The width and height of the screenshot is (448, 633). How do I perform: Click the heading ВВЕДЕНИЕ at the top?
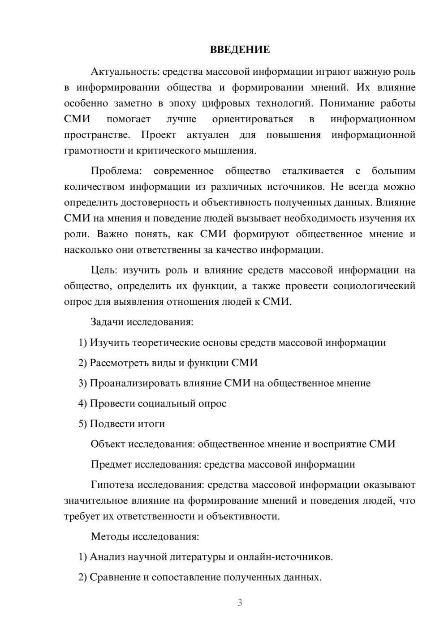coord(240,50)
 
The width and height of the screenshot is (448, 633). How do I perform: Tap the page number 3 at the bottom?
coord(240,603)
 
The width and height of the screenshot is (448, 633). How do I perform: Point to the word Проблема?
coord(116,171)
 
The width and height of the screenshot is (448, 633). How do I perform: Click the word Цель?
coord(104,270)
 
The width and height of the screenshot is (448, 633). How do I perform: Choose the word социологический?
coord(374,286)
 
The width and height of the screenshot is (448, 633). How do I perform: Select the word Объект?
coord(108,444)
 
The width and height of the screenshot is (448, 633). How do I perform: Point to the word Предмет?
coord(111,464)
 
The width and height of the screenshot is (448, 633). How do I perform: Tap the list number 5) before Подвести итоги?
coord(82,424)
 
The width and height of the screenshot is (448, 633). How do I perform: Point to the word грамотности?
coord(94,150)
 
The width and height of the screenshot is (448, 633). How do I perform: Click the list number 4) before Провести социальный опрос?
coord(82,404)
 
